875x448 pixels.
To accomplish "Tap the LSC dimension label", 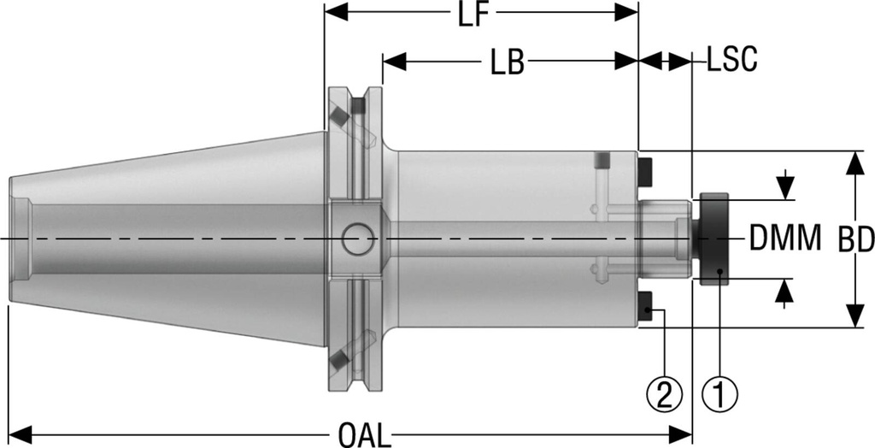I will (731, 61).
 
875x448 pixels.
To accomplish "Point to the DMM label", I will (786, 237).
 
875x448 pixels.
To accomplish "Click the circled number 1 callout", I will (719, 394).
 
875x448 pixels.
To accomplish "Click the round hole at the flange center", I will (357, 239).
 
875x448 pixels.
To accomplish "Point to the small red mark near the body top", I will (602, 160).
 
